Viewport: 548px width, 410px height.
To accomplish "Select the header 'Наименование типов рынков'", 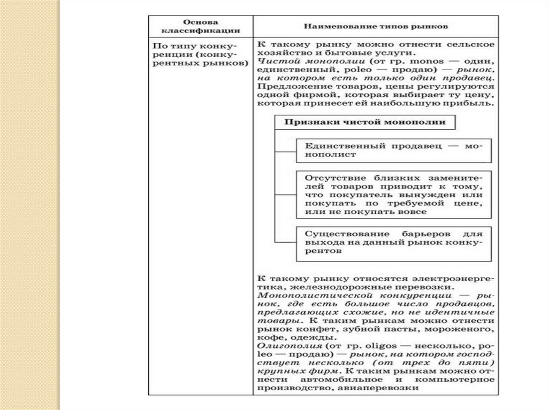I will click(376, 26).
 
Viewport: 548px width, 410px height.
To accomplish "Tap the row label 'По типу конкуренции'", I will click(200, 55).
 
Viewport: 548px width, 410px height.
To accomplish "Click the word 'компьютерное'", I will click(459, 380).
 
